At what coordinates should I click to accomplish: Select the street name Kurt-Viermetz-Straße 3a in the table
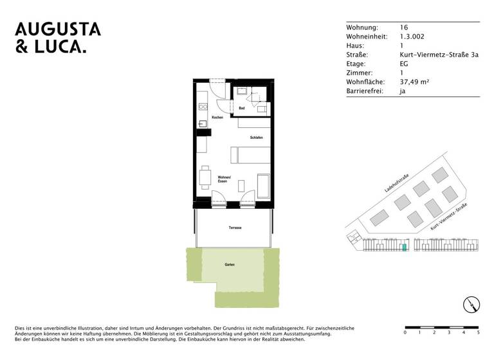pyautogui.click(x=439, y=55)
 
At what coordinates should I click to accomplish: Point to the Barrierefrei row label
pyautogui.click(x=364, y=91)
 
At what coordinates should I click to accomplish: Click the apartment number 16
pyautogui.click(x=404, y=28)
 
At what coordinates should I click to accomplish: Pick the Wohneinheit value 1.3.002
pyautogui.click(x=412, y=37)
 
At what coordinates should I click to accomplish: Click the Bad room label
pyautogui.click(x=241, y=109)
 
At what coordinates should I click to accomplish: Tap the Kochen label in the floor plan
pyautogui.click(x=217, y=118)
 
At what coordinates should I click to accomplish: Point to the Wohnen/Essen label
pyautogui.click(x=223, y=179)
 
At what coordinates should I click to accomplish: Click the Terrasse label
pyautogui.click(x=234, y=228)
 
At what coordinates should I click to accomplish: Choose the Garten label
pyautogui.click(x=230, y=265)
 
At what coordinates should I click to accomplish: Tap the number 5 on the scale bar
pyautogui.click(x=478, y=333)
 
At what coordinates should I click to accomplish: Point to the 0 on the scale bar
pyautogui.click(x=405, y=333)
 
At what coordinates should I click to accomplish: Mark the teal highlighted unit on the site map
pyautogui.click(x=403, y=246)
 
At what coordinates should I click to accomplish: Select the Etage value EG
pyautogui.click(x=404, y=64)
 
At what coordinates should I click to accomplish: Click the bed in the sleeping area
pyautogui.click(x=251, y=154)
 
